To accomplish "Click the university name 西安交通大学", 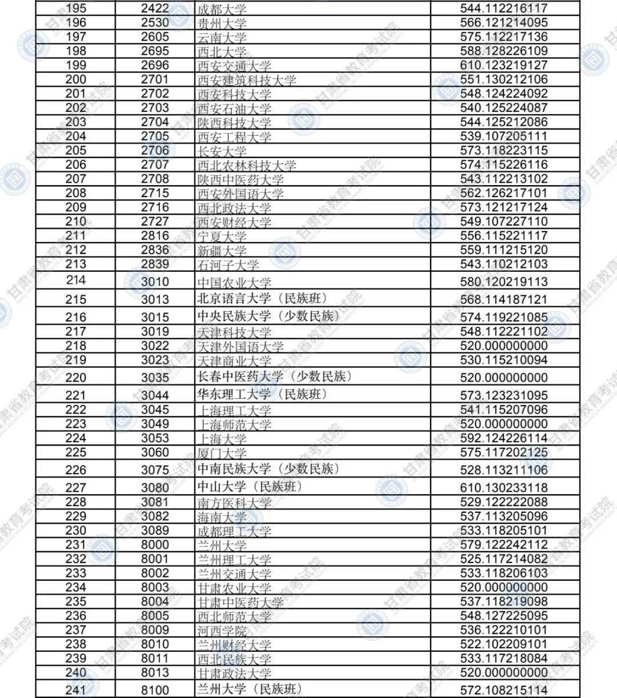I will [234, 66].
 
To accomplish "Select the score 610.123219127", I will [503, 65].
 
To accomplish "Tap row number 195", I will [76, 9].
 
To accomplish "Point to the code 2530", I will [155, 23].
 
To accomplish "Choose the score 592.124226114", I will [503, 438].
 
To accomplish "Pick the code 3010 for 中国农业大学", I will [155, 282].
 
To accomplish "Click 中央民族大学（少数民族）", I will [268, 316].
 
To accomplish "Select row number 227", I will [76, 487].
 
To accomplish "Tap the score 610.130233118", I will [503, 487].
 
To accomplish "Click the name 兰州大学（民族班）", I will [249, 689].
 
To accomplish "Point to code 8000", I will [155, 544].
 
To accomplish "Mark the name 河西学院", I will [222, 631].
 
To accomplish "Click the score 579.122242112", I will [503, 544].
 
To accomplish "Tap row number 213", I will [76, 264].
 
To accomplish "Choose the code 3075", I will [155, 470].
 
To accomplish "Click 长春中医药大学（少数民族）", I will [274, 376].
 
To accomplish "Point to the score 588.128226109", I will [503, 51].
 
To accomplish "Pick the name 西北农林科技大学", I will [247, 166].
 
